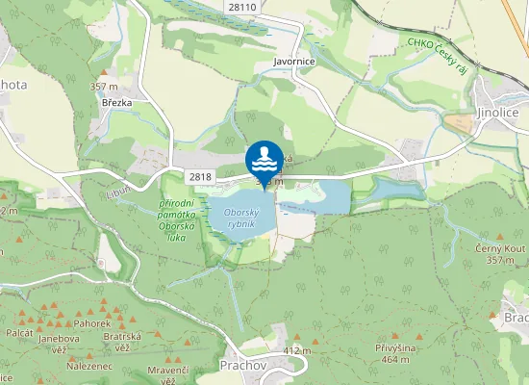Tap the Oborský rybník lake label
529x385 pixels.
coord(240,217)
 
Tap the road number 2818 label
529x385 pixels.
coord(200,176)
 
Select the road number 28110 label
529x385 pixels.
coord(242,7)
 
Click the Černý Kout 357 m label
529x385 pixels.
coord(500,254)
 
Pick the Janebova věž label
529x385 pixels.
coord(58,344)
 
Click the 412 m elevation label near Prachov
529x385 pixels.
coord(298,350)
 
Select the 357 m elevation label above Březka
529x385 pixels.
coord(104,87)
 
